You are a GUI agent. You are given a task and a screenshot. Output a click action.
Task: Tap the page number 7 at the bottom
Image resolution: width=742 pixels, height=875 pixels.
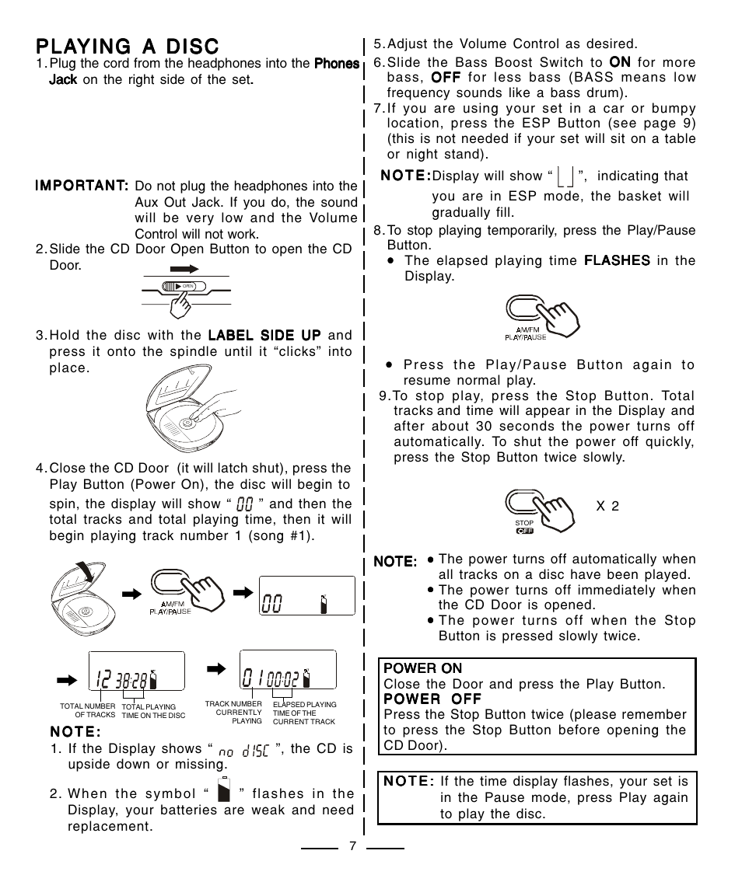(352, 846)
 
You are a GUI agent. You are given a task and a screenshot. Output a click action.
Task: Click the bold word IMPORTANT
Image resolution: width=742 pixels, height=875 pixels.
(81, 186)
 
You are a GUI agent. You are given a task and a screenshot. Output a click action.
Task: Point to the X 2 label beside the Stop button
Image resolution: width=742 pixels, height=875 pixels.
(607, 506)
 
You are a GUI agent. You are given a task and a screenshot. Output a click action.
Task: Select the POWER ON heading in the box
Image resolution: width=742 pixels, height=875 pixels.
(423, 668)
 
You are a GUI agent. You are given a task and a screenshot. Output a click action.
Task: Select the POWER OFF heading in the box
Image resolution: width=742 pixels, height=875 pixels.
(433, 699)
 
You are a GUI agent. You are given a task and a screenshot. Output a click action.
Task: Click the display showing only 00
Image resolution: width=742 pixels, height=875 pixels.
(307, 597)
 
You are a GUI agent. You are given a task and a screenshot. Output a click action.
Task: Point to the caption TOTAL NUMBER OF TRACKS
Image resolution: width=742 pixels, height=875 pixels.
(88, 711)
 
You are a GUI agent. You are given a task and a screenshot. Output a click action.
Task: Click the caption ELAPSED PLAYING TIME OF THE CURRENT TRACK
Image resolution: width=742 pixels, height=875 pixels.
(304, 713)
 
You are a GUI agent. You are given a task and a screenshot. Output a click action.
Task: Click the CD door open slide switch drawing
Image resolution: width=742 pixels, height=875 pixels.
(184, 287)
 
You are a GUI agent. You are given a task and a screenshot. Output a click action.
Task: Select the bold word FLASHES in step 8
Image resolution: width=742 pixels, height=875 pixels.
(617, 260)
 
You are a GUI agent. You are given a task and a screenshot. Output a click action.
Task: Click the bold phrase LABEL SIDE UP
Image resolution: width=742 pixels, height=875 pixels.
(264, 335)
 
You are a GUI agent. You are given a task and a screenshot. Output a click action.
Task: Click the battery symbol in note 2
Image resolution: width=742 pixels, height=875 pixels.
(225, 790)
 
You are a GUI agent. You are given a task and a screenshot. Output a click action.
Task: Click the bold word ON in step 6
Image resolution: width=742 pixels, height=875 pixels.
(619, 61)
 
